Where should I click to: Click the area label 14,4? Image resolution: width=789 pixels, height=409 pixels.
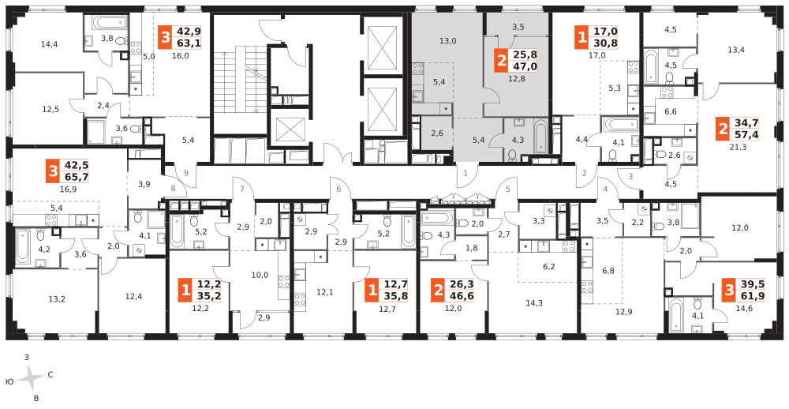tap(49, 44)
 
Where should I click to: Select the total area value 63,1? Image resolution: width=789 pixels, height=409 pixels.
tap(187, 43)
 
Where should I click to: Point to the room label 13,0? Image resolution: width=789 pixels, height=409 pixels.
tap(447, 41)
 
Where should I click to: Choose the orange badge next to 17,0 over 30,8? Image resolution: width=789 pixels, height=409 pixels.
tap(581, 38)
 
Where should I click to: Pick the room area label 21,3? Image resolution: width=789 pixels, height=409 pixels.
tap(731, 148)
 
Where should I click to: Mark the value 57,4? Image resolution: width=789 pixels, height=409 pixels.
tap(746, 134)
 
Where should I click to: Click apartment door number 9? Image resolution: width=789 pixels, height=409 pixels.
tap(186, 173)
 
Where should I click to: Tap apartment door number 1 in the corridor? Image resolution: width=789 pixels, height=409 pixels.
tap(466, 173)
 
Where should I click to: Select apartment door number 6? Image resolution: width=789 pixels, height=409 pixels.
tap(339, 189)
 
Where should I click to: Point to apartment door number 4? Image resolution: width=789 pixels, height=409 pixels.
tap(606, 189)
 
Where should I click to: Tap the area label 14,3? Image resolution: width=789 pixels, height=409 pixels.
tap(534, 302)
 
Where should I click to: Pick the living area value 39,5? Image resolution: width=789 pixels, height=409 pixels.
tap(746, 284)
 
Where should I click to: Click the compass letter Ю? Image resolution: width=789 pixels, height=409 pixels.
tap(9, 382)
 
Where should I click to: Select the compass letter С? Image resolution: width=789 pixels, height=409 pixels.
tap(50, 375)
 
